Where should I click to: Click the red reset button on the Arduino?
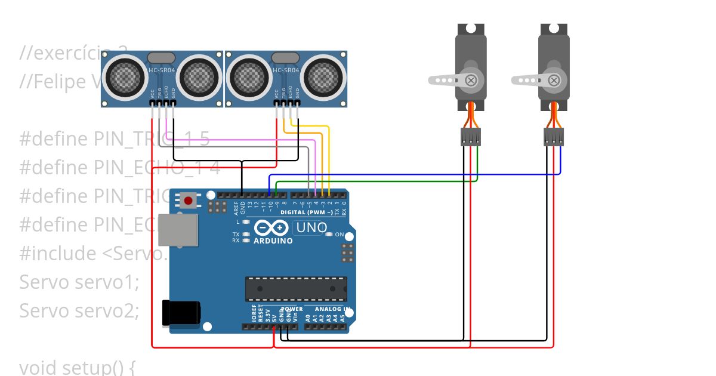point(189,201)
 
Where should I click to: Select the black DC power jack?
point(181,313)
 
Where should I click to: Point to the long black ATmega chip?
point(296,289)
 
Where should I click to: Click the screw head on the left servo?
point(472,79)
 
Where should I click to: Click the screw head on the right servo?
point(555,79)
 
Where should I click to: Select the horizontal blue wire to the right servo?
point(418,175)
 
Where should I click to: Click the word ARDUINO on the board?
point(273,241)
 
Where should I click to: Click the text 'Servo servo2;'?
point(79,310)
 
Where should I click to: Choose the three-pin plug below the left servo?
point(471,137)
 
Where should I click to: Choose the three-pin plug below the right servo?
point(554,137)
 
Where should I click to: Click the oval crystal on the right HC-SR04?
point(285,57)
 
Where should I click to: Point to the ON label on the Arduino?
point(340,235)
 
